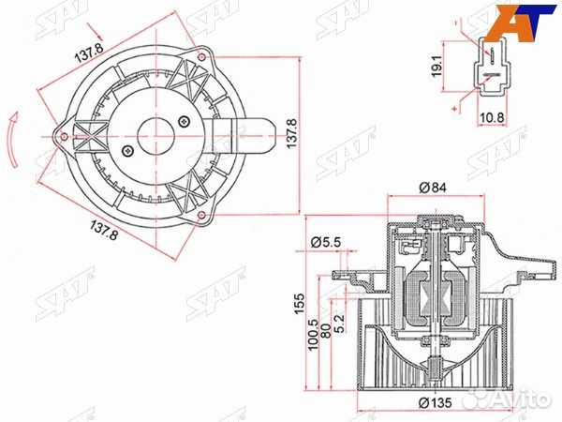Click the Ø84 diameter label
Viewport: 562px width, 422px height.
(432, 188)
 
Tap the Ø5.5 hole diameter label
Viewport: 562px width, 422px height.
(323, 243)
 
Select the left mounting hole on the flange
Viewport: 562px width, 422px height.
(65, 137)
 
